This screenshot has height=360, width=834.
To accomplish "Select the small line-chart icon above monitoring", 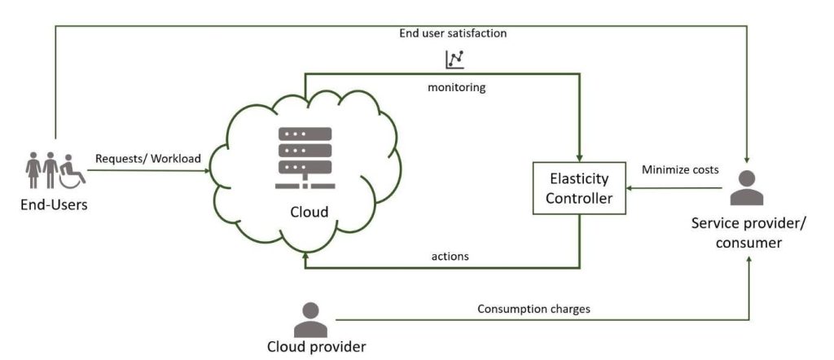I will click(x=454, y=59).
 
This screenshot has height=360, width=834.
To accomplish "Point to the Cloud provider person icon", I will click(x=310, y=319).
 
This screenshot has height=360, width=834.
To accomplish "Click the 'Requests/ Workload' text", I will click(x=147, y=158).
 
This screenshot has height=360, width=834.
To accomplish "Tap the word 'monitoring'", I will click(x=456, y=87).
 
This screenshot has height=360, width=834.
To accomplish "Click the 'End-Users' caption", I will click(x=54, y=204).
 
